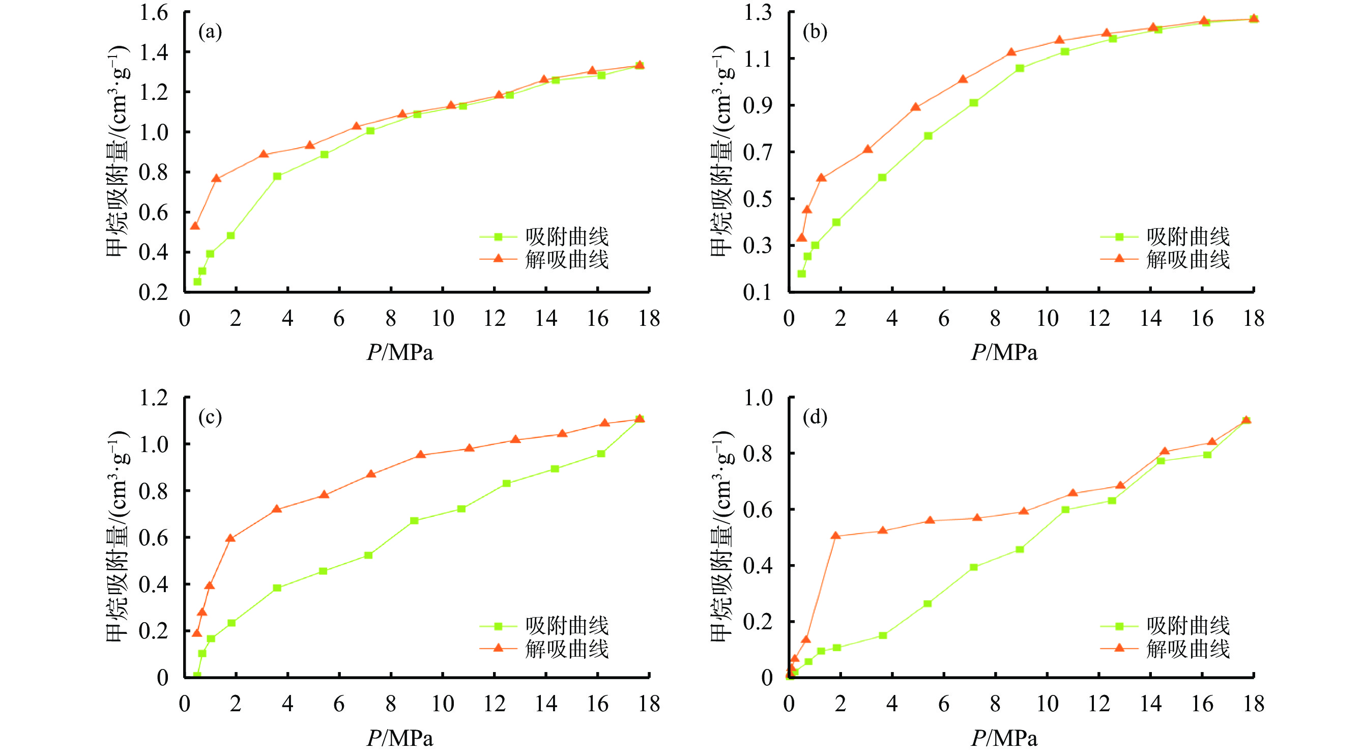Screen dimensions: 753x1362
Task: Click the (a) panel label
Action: (210, 32)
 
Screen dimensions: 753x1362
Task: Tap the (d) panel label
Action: (815, 417)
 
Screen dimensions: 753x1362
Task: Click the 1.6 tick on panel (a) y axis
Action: (153, 12)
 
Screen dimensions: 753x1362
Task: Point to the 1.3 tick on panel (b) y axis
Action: (758, 12)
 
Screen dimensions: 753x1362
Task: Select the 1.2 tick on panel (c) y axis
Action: (153, 398)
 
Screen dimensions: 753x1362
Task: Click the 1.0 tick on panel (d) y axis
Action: (758, 398)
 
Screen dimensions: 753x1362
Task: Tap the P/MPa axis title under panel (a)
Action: (400, 352)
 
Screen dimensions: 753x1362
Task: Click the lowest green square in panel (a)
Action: (197, 282)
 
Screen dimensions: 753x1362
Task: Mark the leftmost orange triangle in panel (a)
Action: (195, 226)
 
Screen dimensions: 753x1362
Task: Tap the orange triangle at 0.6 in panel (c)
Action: (230, 538)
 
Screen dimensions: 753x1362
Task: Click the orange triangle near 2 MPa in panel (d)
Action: (835, 536)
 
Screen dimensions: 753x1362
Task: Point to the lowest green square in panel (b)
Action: (801, 273)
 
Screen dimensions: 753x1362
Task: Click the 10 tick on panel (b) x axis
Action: (1047, 319)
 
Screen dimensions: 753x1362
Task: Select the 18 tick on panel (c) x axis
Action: (649, 704)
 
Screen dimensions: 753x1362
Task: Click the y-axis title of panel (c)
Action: (117, 537)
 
